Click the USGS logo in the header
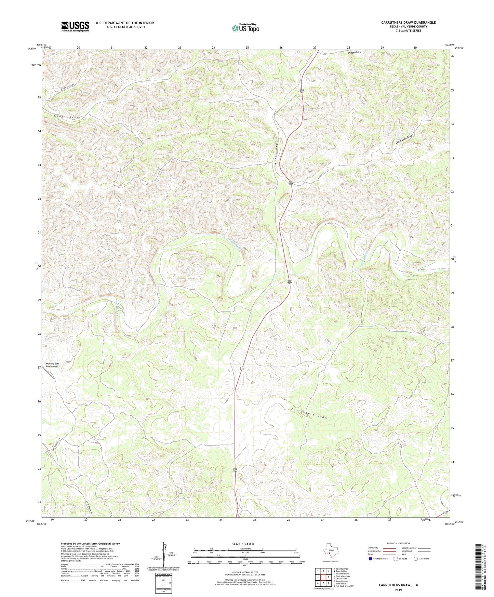pos(75,26)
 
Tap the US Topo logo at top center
pos(245,28)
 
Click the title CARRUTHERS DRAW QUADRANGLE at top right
pos(408,23)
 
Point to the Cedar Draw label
pos(66,117)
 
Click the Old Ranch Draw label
pos(404,139)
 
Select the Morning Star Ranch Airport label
pos(53,365)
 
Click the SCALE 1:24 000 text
pos(245,544)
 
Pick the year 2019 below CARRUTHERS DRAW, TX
pos(398,590)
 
